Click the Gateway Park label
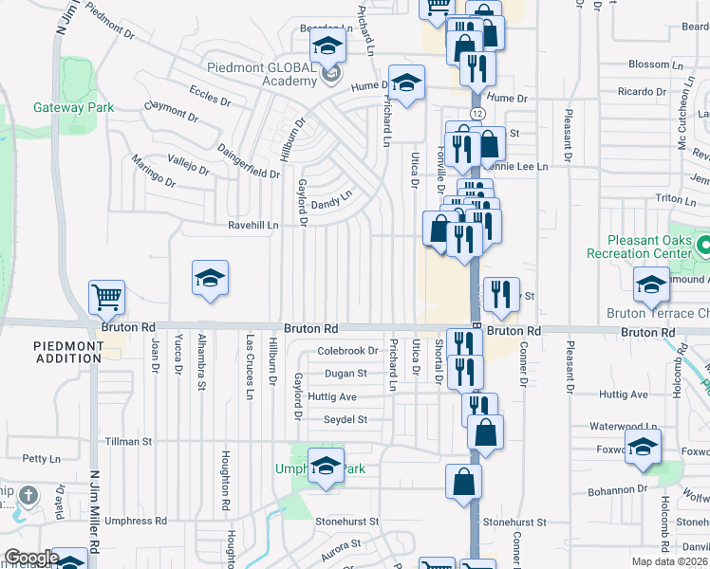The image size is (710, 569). click(x=73, y=107)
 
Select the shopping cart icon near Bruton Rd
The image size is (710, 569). click(x=107, y=297)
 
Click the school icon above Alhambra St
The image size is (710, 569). click(x=210, y=278)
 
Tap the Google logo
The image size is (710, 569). click(x=31, y=558)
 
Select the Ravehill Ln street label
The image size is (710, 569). click(x=252, y=226)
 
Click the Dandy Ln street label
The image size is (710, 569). click(x=333, y=198)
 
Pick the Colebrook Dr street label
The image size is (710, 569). click(x=347, y=351)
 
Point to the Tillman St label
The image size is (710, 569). click(x=127, y=441)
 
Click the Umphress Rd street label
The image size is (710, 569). click(x=135, y=521)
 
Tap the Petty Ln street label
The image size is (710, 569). click(x=40, y=458)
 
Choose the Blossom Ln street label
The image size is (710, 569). click(x=649, y=64)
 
